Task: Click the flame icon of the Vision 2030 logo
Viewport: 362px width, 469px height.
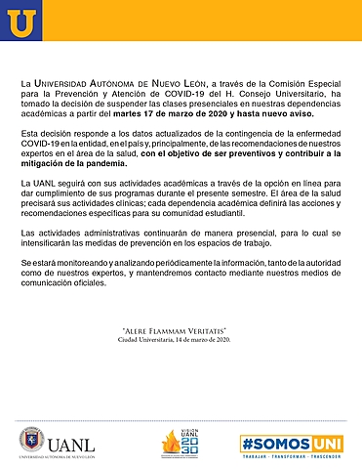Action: pyautogui.click(x=171, y=441)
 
